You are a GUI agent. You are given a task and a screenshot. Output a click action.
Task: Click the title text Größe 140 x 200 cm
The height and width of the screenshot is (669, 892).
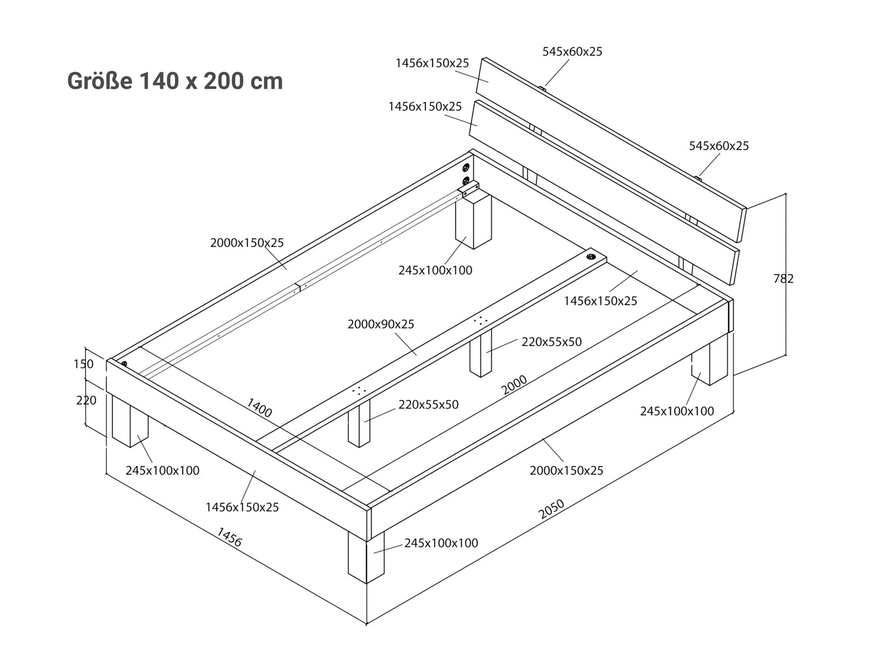pyautogui.click(x=175, y=81)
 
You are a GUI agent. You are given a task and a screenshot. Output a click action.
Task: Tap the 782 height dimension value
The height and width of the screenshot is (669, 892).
pyautogui.click(x=783, y=279)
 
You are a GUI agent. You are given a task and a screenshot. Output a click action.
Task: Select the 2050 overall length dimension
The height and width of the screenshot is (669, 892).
pyautogui.click(x=551, y=509)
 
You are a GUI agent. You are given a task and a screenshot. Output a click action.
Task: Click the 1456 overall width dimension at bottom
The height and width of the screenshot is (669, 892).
pyautogui.click(x=230, y=537)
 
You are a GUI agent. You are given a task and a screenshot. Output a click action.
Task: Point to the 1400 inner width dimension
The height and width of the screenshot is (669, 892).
pyautogui.click(x=259, y=408)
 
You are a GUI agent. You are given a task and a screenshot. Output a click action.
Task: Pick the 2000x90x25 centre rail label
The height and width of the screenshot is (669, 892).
pyautogui.click(x=381, y=324)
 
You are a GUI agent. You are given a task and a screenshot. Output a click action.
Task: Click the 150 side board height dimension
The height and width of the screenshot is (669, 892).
pyautogui.click(x=83, y=364)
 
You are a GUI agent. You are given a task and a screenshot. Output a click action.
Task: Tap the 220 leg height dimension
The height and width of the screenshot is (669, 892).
pyautogui.click(x=86, y=401)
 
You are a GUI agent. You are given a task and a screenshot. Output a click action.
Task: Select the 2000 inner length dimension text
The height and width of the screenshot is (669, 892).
pyautogui.click(x=514, y=384)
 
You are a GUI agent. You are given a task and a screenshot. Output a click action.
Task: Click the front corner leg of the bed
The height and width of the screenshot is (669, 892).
pyautogui.click(x=366, y=557)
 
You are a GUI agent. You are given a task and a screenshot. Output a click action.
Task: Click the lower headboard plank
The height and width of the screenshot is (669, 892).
pyautogui.click(x=604, y=193)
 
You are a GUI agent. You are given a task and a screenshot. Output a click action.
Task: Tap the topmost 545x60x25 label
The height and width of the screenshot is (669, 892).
pyautogui.click(x=572, y=52)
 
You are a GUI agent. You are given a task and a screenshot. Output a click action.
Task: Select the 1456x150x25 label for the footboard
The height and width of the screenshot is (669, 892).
pyautogui.click(x=242, y=507)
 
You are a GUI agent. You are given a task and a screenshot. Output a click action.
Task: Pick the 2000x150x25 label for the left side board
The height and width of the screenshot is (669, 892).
pyautogui.click(x=247, y=243)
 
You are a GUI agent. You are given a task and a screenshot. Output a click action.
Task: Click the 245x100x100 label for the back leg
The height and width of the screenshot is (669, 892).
pyautogui.click(x=435, y=270)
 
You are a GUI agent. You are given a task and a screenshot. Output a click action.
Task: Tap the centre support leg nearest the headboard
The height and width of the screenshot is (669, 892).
pyautogui.click(x=481, y=353)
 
